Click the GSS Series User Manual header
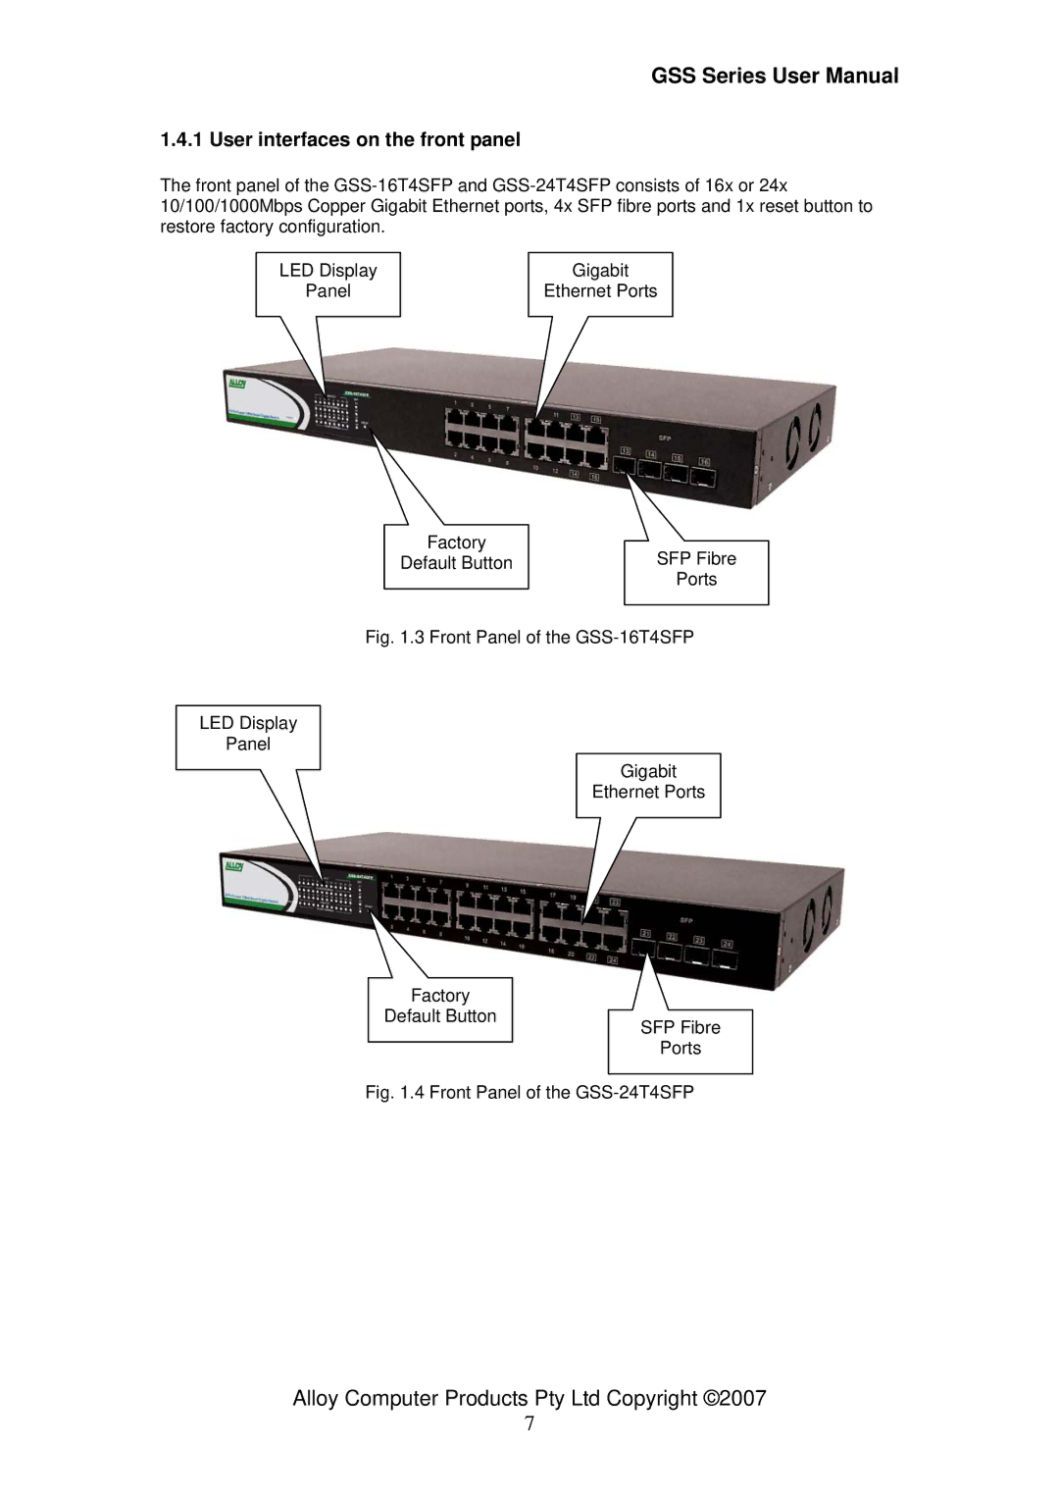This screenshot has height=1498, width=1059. click(x=775, y=77)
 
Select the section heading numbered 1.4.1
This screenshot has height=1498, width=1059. click(x=340, y=139)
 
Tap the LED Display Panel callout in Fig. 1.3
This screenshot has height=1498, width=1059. click(x=328, y=282)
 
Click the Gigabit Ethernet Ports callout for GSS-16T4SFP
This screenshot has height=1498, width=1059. click(x=600, y=282)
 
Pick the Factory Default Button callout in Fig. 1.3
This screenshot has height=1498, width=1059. click(x=456, y=553)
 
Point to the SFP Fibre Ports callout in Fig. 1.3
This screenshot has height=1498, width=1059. click(x=696, y=569)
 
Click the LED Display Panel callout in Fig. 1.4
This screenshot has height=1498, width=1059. click(x=248, y=734)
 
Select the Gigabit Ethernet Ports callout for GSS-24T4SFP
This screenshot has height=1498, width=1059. click(x=648, y=782)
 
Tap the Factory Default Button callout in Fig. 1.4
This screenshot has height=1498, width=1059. click(x=440, y=1007)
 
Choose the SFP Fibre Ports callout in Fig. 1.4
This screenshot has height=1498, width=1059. click(x=681, y=1038)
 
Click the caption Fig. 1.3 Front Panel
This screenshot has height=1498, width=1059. click(x=529, y=638)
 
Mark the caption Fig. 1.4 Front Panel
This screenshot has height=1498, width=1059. click(x=529, y=1093)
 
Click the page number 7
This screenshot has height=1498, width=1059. click(x=529, y=1425)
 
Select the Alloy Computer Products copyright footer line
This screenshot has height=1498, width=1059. click(x=529, y=1399)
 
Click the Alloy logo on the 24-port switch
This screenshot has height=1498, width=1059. click(x=234, y=867)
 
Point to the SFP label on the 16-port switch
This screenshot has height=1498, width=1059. click(x=664, y=438)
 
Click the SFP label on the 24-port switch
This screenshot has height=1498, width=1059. click(x=686, y=921)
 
